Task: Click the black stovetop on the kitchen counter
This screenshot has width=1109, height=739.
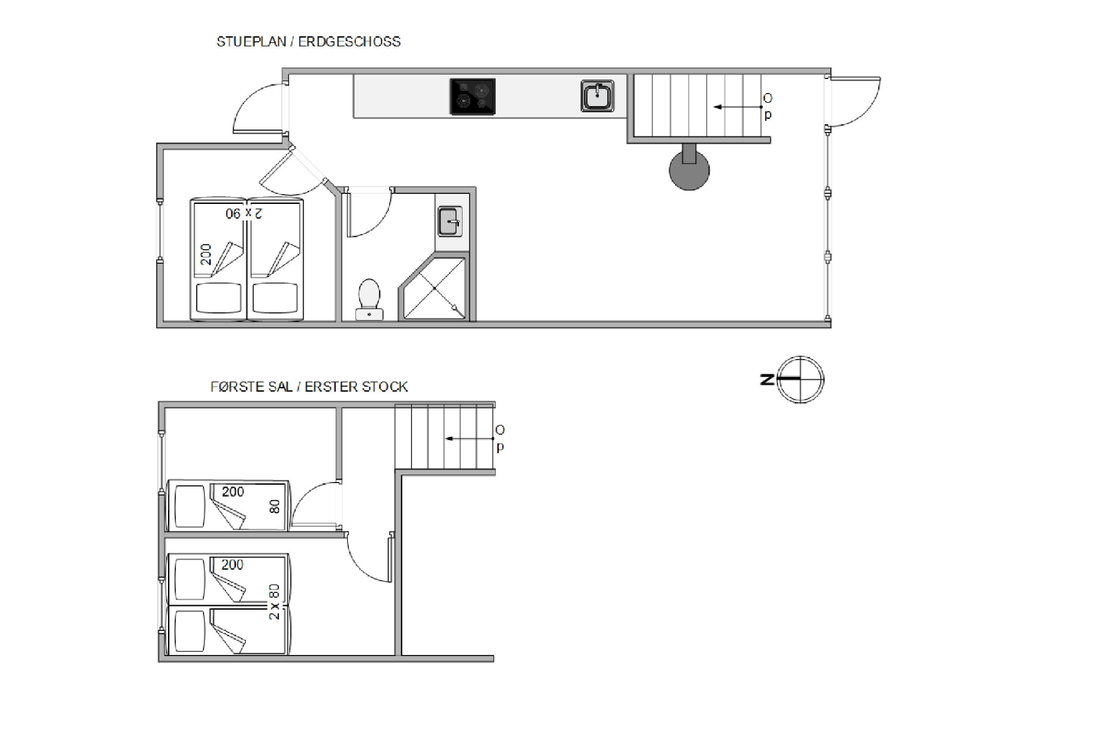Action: [x=473, y=97]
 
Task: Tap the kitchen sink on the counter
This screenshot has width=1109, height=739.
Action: [x=598, y=96]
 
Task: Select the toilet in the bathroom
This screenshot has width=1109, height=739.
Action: [x=369, y=300]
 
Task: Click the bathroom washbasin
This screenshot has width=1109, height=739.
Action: [x=450, y=221]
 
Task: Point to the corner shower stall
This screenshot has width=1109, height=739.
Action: [x=434, y=288]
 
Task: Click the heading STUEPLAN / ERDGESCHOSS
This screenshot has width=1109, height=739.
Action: [x=309, y=41]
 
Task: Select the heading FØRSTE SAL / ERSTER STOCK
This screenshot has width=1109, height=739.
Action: [x=309, y=387]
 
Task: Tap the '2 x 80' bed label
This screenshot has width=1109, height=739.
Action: [x=274, y=602]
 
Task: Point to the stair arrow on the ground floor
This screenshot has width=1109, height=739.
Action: [x=738, y=107]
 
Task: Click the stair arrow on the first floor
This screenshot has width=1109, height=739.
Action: [x=469, y=438]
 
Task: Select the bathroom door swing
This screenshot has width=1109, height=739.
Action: [x=370, y=212]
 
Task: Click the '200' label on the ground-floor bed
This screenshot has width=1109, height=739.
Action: [x=206, y=255]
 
